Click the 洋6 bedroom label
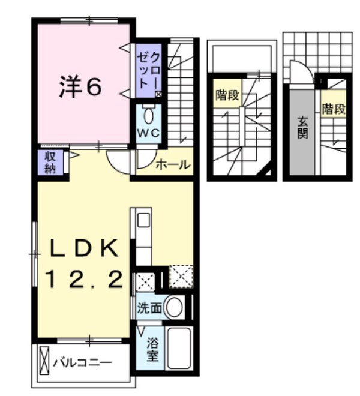pos(80,88)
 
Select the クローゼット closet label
pos(147,71)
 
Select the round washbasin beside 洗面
pos(174,308)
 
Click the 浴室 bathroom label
pos(152,349)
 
